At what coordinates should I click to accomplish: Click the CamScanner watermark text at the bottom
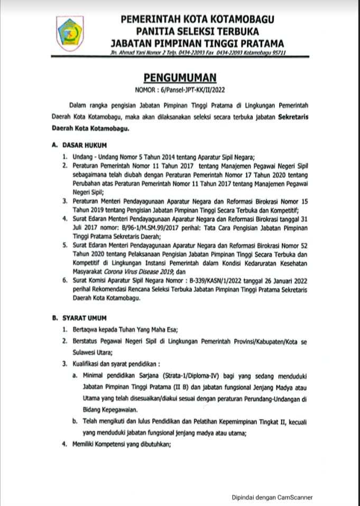coord(272,497)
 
